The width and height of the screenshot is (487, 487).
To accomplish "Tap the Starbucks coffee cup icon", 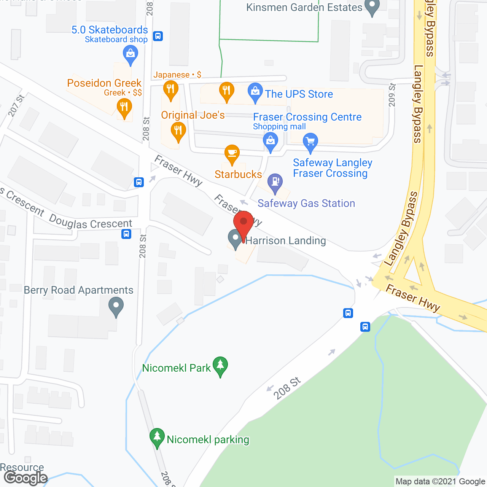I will pos(232,154).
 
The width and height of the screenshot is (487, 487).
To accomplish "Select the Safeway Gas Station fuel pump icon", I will pos(275,182).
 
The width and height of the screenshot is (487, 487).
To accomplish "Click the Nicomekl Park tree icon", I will pos(220,366).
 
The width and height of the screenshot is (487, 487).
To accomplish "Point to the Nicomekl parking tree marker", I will pos(157,437).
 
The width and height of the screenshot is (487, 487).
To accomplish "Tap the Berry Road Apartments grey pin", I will pos(116,306).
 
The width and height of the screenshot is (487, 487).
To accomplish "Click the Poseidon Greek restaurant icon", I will pos(124,107).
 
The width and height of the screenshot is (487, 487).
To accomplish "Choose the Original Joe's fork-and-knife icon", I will pos(178,131).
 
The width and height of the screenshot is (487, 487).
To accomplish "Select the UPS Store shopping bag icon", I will pos(255,92).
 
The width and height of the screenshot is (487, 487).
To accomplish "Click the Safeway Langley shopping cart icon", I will pos(310,142).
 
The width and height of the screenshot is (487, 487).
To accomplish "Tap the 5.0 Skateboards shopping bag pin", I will pos(131,54).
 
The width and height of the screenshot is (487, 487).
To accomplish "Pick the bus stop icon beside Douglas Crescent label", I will pos(126,234).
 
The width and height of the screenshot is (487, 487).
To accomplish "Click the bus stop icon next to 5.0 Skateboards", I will pos(158,36).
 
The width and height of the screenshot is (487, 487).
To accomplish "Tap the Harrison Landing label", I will pos(286,240).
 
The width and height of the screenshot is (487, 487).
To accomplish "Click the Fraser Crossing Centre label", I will pos(307,117).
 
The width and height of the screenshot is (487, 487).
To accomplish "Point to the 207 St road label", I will pos(16,105).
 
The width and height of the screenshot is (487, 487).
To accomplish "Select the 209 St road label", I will pos(392,95).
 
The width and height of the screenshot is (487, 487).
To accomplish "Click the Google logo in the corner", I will pos(26,478).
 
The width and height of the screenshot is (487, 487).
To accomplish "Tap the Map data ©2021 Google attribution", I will pos(440,482).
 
